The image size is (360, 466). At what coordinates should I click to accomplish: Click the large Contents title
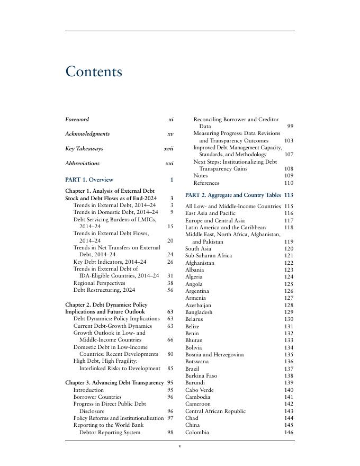click(94, 72)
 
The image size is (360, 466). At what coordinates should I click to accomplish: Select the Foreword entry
click(77, 120)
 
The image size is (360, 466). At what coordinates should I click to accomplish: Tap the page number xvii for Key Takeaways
click(168, 149)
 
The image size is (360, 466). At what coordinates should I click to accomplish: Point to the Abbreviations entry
click(82, 164)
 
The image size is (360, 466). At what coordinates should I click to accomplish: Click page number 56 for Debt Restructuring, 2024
click(170, 290)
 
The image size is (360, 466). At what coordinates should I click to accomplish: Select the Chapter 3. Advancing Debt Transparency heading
click(114, 382)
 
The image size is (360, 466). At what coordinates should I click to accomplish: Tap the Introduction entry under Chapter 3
click(88, 390)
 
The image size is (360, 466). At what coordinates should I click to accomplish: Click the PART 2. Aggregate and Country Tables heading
click(233, 195)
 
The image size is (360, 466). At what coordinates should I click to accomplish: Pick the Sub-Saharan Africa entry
click(209, 256)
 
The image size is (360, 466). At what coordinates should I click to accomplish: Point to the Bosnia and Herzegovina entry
click(214, 355)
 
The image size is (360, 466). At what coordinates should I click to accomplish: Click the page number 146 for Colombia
click(288, 433)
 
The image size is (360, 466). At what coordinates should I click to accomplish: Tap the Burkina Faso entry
click(201, 376)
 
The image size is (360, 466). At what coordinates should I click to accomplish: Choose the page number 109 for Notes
click(289, 176)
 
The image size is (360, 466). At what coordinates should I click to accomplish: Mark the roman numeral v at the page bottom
click(180, 446)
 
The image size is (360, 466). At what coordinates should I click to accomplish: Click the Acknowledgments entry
click(87, 134)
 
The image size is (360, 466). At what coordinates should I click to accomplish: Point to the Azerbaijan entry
click(198, 306)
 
